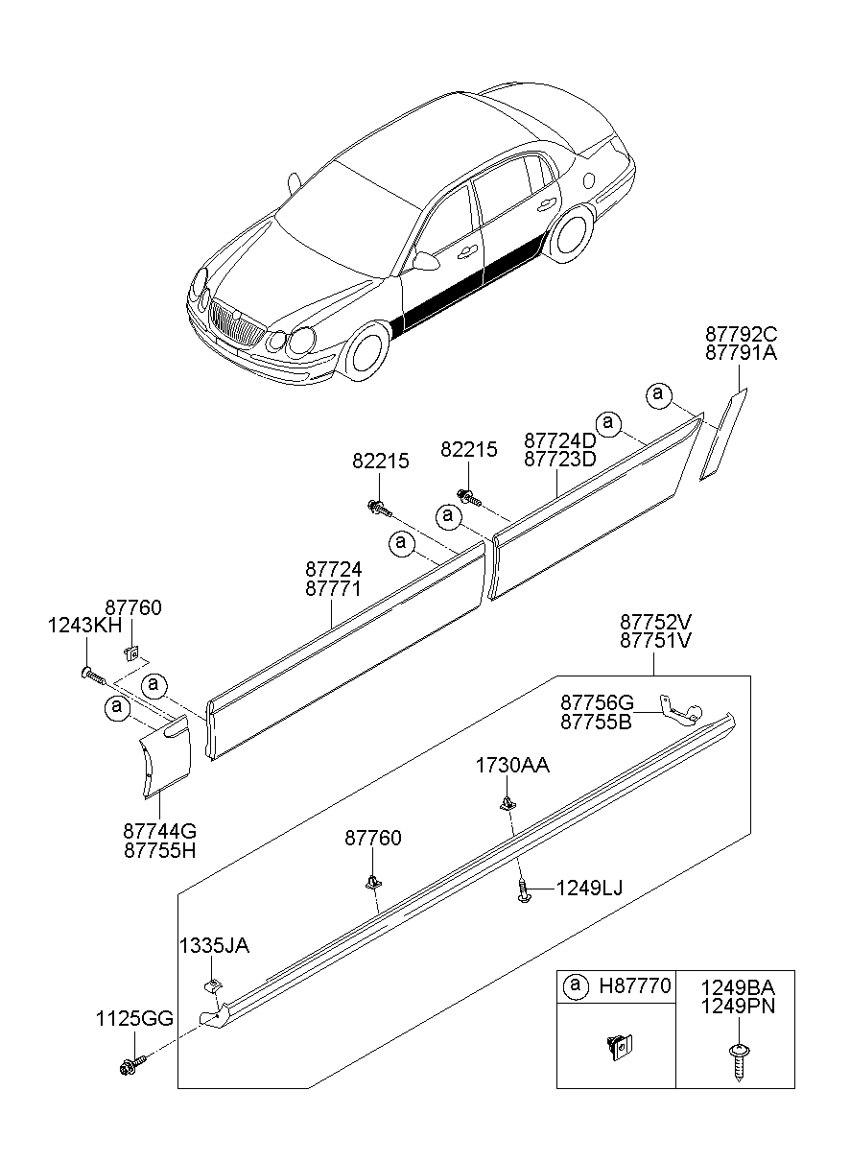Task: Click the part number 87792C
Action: coord(741,335)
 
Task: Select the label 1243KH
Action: coord(85,626)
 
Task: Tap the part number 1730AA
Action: coord(513,765)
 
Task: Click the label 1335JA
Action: coord(213,946)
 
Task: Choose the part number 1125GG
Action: coord(133,1018)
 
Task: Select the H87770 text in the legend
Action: coord(636,985)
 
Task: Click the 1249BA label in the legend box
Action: coord(737,987)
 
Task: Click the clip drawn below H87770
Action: coord(618,1045)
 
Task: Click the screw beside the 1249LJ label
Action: coord(523,891)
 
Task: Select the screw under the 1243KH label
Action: coord(92,676)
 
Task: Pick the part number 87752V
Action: coord(655,621)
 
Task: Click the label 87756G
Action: coord(597,703)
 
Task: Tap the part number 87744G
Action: coord(159,831)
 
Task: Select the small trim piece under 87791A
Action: coord(722,433)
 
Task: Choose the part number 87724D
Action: coord(560,439)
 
